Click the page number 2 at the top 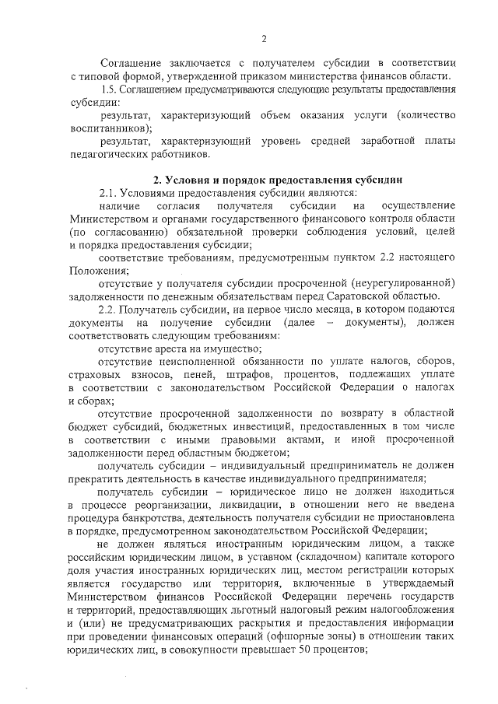coord(264,39)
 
